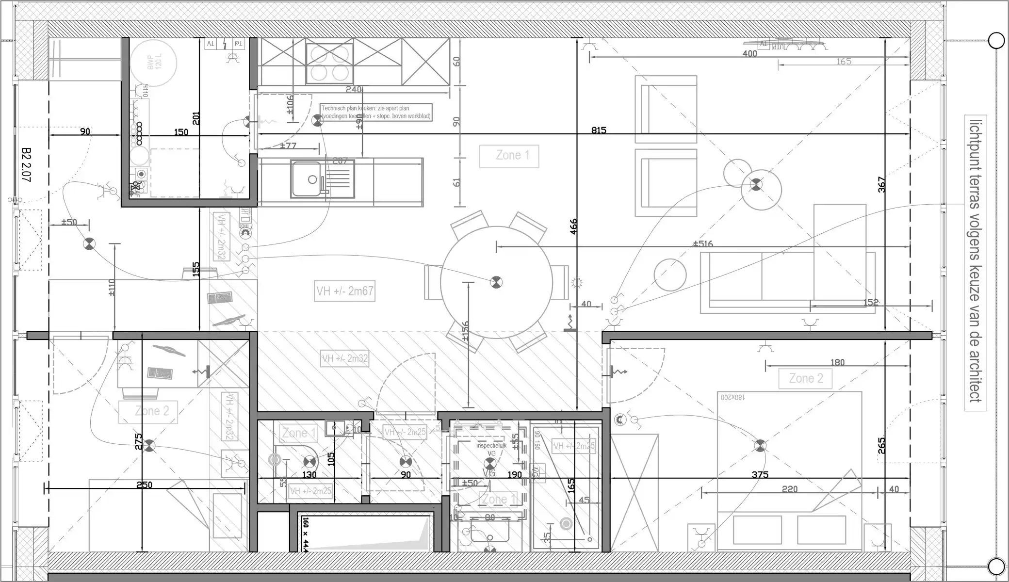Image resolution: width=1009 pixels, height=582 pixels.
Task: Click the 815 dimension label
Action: (x=599, y=130)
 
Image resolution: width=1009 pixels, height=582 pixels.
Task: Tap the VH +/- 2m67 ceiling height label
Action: (x=344, y=291)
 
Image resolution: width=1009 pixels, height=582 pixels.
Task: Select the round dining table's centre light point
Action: (x=496, y=282)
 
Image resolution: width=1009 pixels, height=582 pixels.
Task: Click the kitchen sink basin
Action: (x=306, y=179)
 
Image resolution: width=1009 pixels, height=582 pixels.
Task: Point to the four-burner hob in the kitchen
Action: (x=330, y=63)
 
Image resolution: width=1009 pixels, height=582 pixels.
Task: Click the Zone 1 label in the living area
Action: (x=509, y=156)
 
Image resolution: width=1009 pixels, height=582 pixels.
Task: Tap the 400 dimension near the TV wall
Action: (x=749, y=54)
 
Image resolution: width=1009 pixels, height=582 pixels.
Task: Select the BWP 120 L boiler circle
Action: (x=153, y=63)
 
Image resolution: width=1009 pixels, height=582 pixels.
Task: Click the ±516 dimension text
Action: (x=702, y=243)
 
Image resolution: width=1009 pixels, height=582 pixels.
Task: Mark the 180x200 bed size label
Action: (x=732, y=397)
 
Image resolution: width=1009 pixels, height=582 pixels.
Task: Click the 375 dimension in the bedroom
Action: (x=760, y=474)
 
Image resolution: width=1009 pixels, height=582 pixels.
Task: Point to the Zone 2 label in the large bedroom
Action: (x=805, y=378)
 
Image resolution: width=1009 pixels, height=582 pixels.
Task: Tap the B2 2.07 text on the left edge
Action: (x=26, y=165)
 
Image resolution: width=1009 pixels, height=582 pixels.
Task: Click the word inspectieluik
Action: (x=491, y=445)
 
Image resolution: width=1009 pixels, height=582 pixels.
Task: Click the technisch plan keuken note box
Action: (x=376, y=113)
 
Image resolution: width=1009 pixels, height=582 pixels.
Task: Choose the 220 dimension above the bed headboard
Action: (x=789, y=489)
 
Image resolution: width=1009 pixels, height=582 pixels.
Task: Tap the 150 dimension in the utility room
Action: (x=180, y=132)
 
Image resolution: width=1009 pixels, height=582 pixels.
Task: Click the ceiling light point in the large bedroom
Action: (x=760, y=446)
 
